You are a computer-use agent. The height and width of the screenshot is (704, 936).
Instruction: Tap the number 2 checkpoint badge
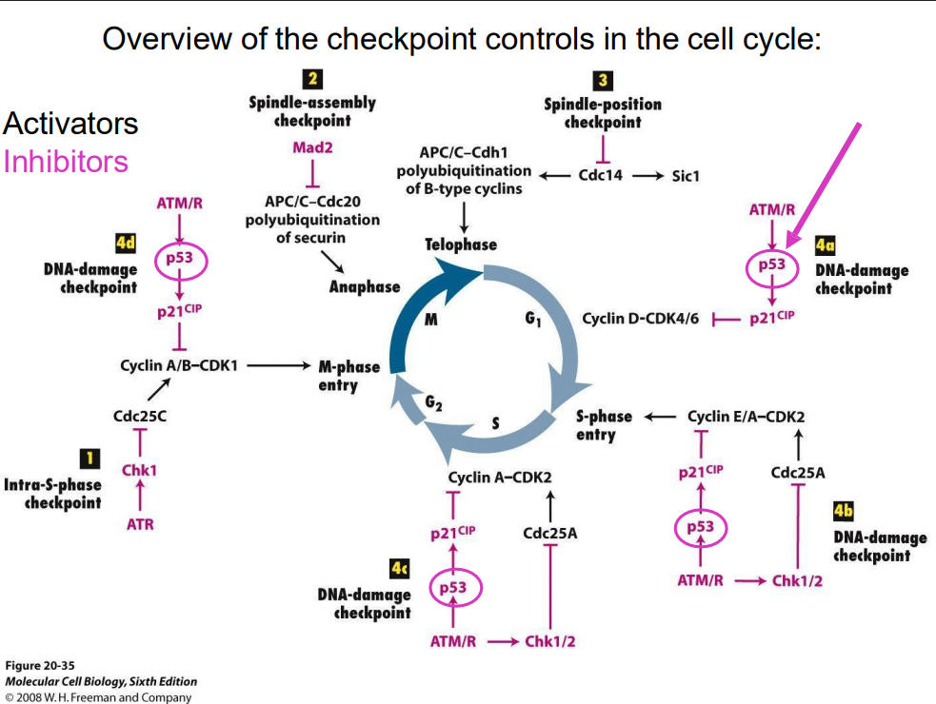[x=311, y=80]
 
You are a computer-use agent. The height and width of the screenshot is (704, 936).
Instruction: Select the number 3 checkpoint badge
[x=602, y=81]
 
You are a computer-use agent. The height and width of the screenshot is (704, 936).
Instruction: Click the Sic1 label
[x=686, y=175]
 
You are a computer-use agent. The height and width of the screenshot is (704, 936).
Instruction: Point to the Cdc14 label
[x=601, y=175]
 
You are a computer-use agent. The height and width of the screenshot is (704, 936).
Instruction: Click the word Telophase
[x=461, y=244]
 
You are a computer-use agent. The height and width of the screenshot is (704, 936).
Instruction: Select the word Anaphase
[x=365, y=285]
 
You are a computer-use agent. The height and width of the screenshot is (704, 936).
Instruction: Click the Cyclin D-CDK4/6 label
[x=640, y=318]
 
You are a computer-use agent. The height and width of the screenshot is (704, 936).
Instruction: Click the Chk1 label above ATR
[x=139, y=470]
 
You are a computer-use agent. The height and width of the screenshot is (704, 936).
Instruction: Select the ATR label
[x=140, y=524]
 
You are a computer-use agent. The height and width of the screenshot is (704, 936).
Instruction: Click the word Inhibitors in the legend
[x=66, y=161]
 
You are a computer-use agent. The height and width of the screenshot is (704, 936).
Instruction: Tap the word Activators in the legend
[x=70, y=124]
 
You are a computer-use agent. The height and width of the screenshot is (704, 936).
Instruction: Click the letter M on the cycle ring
[x=430, y=319]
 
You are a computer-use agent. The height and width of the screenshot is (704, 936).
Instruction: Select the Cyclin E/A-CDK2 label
[x=747, y=416]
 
